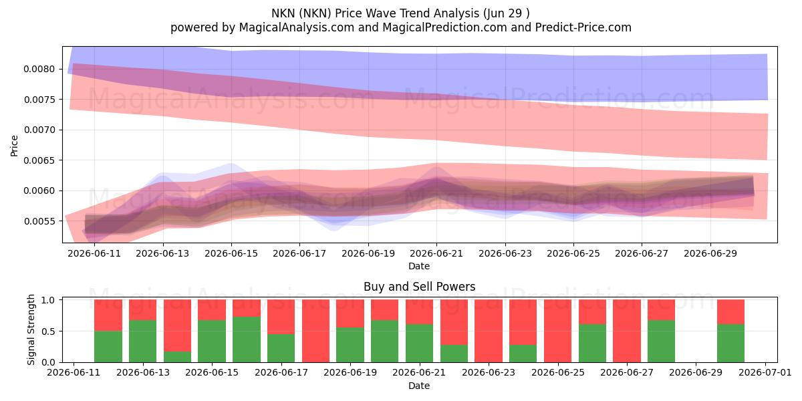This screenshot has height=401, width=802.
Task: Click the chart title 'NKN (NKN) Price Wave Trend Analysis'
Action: (375, 13)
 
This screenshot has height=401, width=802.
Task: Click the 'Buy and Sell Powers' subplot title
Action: (419, 287)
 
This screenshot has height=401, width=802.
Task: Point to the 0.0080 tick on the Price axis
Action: (39, 69)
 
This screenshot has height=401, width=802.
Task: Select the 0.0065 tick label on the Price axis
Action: (39, 160)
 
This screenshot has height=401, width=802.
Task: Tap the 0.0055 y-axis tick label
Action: (39, 221)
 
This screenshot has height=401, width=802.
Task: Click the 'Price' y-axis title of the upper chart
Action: (14, 146)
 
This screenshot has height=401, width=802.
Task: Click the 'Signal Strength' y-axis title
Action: (31, 329)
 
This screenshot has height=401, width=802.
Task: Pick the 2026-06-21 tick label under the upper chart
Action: (436, 253)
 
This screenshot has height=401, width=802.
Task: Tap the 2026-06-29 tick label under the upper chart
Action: (710, 253)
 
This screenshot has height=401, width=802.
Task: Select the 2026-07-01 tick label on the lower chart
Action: (765, 372)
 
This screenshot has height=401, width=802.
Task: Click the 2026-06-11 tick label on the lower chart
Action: (74, 372)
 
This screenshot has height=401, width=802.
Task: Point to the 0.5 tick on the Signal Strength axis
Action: (48, 331)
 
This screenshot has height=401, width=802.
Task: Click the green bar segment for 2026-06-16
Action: (247, 340)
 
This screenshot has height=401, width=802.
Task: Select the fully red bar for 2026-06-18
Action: (315, 331)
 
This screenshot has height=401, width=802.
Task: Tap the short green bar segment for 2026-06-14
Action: (177, 357)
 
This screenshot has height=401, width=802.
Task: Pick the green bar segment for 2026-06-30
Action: (730, 343)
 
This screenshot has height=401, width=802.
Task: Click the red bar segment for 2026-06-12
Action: (108, 315)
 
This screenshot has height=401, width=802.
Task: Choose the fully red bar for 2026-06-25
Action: (557, 331)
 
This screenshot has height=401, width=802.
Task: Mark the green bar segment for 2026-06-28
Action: (661, 342)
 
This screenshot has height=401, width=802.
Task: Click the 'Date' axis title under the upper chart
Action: (419, 266)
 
